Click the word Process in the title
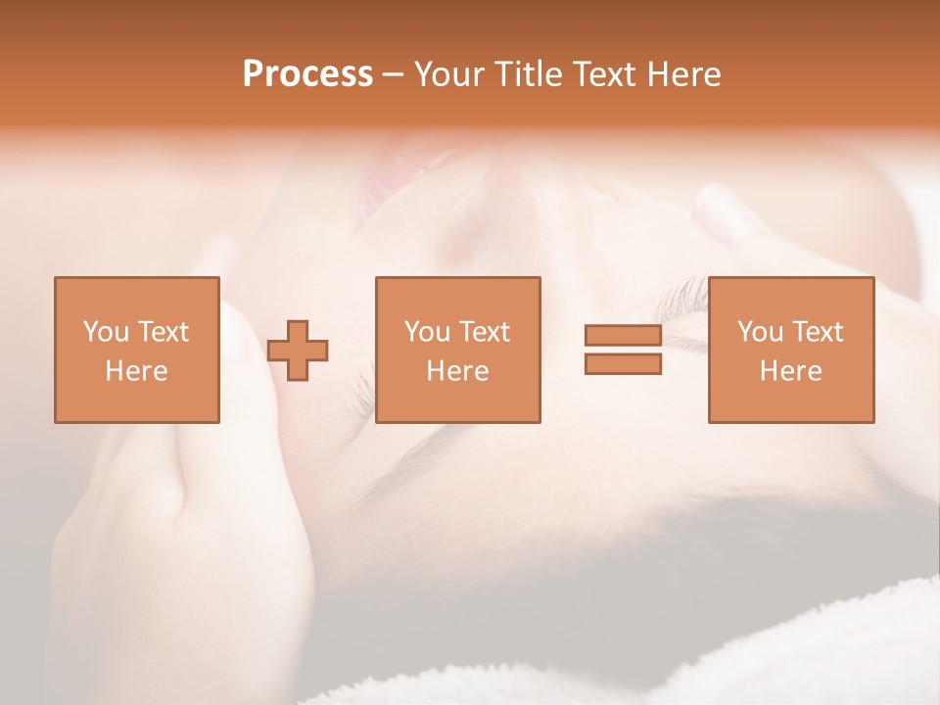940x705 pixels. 307,74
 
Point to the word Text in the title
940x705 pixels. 606,74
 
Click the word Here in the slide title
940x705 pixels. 682,74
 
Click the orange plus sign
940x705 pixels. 298,350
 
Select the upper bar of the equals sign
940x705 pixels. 623,335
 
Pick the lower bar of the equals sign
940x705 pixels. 623,364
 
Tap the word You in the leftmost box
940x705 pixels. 106,332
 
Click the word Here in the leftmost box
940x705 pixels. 136,371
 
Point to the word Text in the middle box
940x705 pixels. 485,332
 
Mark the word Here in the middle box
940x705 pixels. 457,371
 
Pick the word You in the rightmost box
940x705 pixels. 760,332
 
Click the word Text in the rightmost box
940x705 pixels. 818,332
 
